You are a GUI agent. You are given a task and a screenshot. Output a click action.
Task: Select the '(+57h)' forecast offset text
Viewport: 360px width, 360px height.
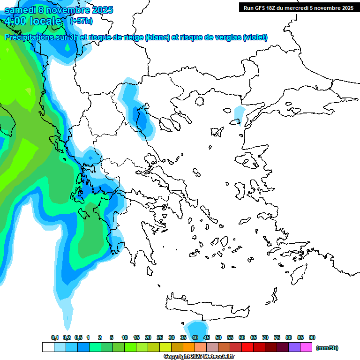[81, 21]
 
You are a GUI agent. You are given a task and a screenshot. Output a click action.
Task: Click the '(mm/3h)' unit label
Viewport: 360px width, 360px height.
[327, 348]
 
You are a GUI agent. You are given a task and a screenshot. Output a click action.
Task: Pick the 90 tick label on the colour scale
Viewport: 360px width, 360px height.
[312, 337]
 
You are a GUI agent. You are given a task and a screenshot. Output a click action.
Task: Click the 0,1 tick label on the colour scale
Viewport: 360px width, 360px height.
[54, 337]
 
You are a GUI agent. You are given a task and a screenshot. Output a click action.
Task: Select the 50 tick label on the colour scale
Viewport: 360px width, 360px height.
[218, 337]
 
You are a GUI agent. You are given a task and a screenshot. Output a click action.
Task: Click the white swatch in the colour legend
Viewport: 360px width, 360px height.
[48, 347]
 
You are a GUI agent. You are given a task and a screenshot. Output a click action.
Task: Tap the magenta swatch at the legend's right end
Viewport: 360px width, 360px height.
[306, 347]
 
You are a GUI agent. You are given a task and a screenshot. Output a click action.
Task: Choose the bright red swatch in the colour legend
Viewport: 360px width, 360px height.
[247, 347]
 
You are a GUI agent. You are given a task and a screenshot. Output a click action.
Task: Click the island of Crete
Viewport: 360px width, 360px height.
[206, 307]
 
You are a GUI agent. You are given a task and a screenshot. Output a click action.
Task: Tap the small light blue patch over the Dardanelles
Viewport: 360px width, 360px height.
[240, 114]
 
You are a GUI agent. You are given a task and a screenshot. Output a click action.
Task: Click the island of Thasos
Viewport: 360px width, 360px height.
[199, 102]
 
